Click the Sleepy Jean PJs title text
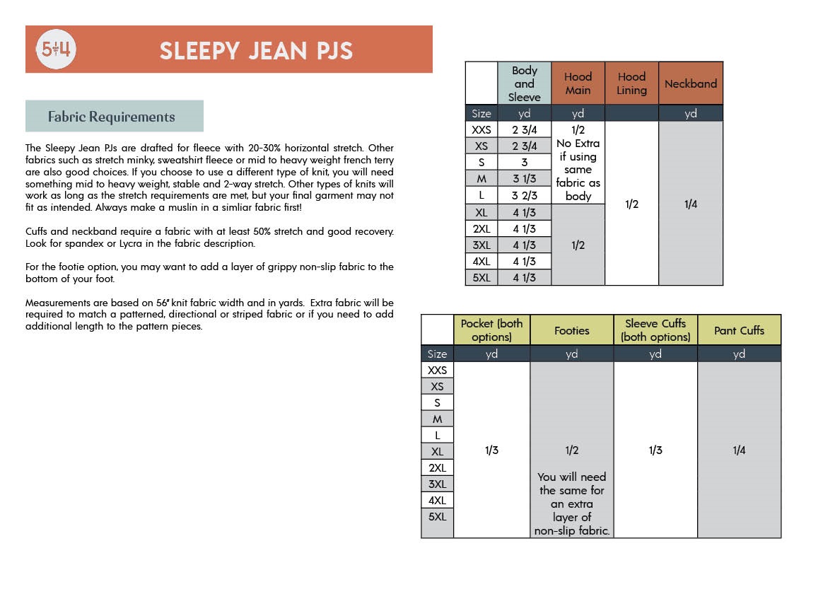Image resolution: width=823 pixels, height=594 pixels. tap(256, 50)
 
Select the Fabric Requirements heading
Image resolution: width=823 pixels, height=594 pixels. tap(112, 117)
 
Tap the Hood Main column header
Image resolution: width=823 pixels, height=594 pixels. tap(578, 83)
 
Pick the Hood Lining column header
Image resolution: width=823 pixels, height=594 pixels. tap(631, 83)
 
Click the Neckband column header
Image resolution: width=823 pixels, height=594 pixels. tap(690, 83)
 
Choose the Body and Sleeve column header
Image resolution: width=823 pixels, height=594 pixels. tap(524, 83)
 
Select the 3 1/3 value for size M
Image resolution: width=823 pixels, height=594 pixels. tap(524, 179)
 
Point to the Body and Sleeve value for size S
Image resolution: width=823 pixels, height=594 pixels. tap(524, 163)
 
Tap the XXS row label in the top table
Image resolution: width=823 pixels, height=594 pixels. tap(481, 130)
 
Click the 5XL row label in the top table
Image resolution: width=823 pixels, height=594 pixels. tap(481, 277)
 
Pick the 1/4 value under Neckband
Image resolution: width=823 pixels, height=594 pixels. tap(690, 204)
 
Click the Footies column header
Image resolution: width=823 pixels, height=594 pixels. tap(571, 330)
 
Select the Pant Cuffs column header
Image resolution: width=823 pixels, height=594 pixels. tap(739, 330)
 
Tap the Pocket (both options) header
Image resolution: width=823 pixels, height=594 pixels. tap(491, 330)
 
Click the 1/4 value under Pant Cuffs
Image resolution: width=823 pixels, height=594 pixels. tap(739, 450)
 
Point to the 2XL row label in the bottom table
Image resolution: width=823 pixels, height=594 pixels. tap(437, 467)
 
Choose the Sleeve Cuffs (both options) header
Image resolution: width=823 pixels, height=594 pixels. tap(655, 330)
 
